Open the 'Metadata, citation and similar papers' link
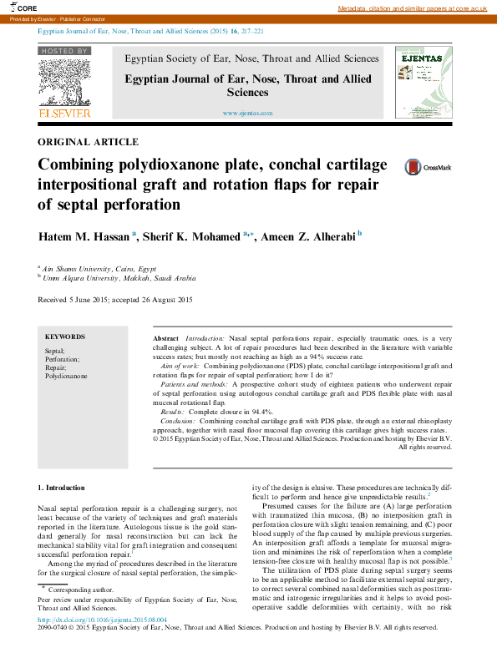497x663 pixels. click(x=412, y=8)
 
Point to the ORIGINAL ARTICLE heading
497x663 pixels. click(x=89, y=142)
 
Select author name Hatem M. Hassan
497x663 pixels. click(x=84, y=237)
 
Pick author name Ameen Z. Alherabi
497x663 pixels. click(x=307, y=237)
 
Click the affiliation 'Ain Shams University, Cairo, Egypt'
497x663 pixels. click(x=99, y=269)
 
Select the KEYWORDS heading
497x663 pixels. click(x=65, y=336)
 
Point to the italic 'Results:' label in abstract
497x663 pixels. click(x=173, y=412)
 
